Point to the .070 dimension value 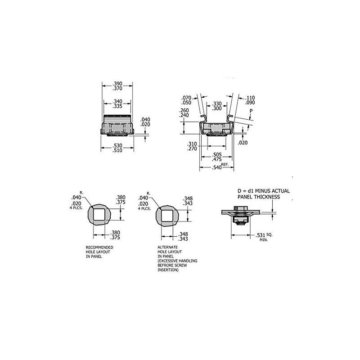pyautogui.click(x=187, y=97)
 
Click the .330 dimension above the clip pyautogui.click(x=216, y=103)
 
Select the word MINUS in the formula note pyautogui.click(x=265, y=191)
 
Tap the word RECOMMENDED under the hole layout pyautogui.click(x=99, y=247)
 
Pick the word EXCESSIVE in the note pyautogui.click(x=169, y=261)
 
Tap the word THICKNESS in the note pyautogui.click(x=268, y=197)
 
